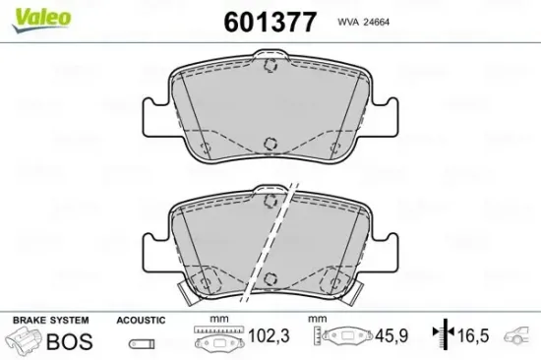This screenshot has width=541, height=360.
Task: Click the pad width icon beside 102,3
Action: pos(218,340)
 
